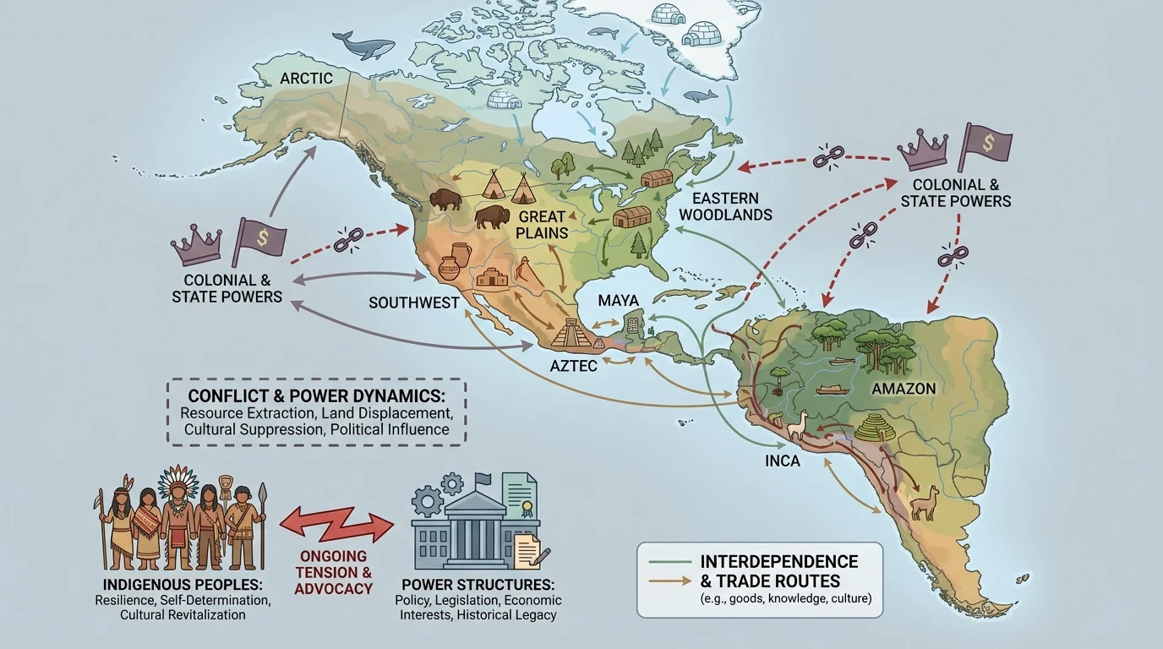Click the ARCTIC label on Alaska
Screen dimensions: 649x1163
coord(306,79)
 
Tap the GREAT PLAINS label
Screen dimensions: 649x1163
coord(542,225)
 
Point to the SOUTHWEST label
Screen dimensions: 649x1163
coord(414,303)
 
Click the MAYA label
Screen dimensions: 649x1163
coord(618,301)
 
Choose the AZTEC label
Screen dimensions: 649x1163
coord(574,364)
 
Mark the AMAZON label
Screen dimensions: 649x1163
coord(904,389)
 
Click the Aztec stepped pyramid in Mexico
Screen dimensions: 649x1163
coord(575,334)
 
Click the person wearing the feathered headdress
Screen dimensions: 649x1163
coord(178,515)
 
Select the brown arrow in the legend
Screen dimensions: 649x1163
coord(667,581)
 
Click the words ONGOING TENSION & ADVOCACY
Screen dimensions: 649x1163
coord(333,572)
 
